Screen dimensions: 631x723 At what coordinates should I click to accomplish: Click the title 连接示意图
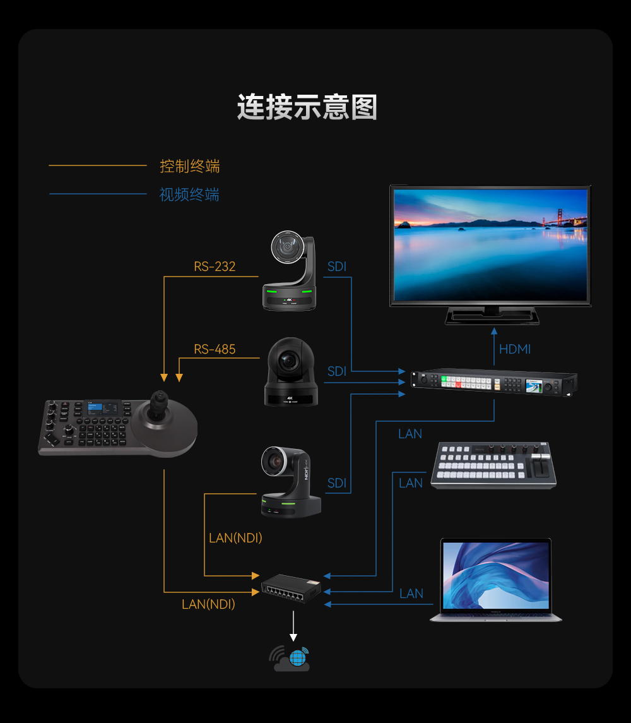pyautogui.click(x=307, y=107)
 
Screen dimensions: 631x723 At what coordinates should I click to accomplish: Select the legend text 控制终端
pyautogui.click(x=189, y=166)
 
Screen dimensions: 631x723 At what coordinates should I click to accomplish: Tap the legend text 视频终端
pyautogui.click(x=189, y=194)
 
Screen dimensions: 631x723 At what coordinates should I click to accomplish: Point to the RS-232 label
pyautogui.click(x=215, y=266)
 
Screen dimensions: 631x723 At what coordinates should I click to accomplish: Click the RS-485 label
pyautogui.click(x=215, y=349)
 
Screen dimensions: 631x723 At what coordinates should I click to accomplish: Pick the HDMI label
pyautogui.click(x=515, y=349)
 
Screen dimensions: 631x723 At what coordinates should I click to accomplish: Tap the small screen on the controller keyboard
pyautogui.click(x=102, y=408)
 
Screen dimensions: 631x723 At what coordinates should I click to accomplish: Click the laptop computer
pyautogui.click(x=495, y=580)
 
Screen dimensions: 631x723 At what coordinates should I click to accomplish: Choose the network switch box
pyautogui.click(x=291, y=589)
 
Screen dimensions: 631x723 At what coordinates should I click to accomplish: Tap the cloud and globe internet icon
pyautogui.click(x=290, y=659)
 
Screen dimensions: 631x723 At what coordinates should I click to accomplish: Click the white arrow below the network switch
pyautogui.click(x=293, y=626)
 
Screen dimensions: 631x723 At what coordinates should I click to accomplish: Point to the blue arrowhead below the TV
pyautogui.click(x=494, y=331)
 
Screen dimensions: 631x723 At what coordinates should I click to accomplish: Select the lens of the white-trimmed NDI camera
pyautogui.click(x=276, y=461)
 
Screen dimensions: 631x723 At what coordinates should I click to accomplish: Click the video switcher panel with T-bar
pyautogui.click(x=493, y=465)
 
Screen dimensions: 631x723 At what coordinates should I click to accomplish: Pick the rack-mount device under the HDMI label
pyautogui.click(x=494, y=382)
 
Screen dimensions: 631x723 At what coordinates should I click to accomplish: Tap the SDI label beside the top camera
pyautogui.click(x=336, y=266)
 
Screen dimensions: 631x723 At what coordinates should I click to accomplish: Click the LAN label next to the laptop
pyautogui.click(x=411, y=594)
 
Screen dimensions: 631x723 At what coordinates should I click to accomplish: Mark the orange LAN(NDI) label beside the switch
pyautogui.click(x=208, y=604)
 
